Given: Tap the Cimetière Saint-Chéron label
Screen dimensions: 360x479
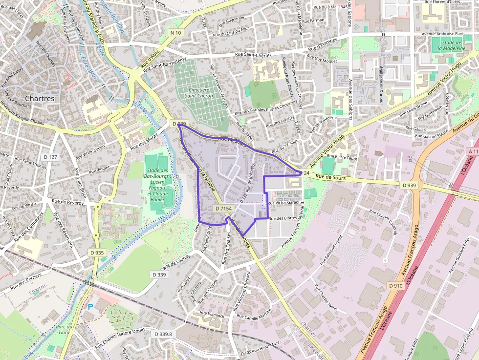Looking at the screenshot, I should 201,93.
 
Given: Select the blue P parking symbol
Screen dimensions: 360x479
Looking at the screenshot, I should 90,306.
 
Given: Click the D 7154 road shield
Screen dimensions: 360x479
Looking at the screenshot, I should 223,209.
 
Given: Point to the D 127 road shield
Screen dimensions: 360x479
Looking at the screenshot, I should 50,157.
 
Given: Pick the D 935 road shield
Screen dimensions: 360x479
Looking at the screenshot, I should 97,253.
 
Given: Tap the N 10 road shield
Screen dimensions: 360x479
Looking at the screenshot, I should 175,33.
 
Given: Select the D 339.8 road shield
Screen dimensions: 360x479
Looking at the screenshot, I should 163,334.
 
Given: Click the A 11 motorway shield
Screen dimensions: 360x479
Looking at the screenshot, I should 473,152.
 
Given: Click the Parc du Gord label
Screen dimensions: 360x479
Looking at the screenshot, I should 64,330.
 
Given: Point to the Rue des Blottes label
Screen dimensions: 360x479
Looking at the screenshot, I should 283,218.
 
